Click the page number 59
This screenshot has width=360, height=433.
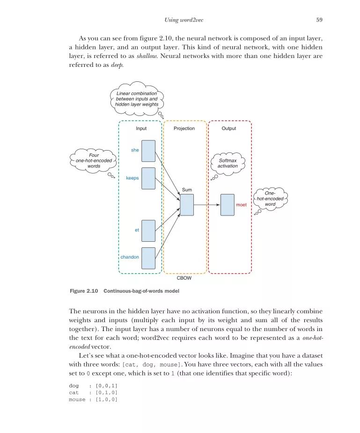319,20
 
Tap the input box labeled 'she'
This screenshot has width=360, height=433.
148,151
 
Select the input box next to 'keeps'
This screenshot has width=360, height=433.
148,178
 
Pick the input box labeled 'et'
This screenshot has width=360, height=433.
148,231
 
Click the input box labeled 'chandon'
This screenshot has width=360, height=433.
148,258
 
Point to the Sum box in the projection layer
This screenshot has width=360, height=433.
187,205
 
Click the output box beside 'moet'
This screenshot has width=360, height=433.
228,205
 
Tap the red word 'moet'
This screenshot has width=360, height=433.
241,205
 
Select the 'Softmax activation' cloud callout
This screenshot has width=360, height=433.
228,163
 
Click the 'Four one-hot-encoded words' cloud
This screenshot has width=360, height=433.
94,160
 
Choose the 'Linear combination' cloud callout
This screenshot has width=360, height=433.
137,99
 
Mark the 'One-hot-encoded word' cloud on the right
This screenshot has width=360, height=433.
270,198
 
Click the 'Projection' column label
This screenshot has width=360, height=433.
184,129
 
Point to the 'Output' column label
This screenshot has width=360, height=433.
229,129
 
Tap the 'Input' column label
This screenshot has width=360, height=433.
141,129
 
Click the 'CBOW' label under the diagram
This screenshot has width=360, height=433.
184,278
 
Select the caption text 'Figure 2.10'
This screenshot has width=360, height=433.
84,291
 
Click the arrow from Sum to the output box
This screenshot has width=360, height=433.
207,205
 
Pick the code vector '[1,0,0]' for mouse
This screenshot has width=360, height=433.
106,399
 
